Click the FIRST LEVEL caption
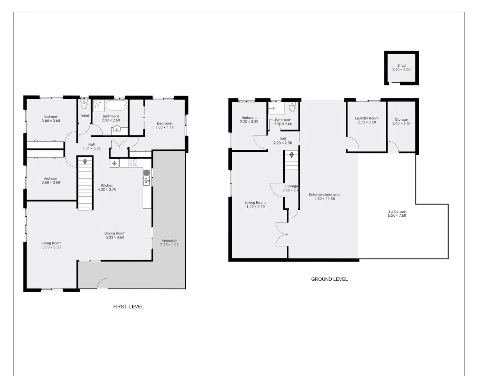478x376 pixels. coord(128,307)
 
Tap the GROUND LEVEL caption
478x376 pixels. coord(329,279)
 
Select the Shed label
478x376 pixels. coord(401,68)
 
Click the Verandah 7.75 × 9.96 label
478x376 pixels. coord(169,242)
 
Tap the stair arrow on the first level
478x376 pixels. coord(85,161)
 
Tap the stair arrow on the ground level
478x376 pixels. coord(291,155)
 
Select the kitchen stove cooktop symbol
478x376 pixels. coord(133,163)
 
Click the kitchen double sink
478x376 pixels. coord(147,178)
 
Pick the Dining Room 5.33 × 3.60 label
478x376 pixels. coord(115,235)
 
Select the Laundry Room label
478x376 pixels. coord(366,120)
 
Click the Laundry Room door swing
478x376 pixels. coord(353,144)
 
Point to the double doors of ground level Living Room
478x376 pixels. coord(281,234)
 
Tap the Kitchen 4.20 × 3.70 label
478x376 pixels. coord(107,187)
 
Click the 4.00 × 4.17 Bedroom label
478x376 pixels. coord(164,125)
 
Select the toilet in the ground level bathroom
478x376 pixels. coord(292,107)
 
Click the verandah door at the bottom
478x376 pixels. coord(102,284)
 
